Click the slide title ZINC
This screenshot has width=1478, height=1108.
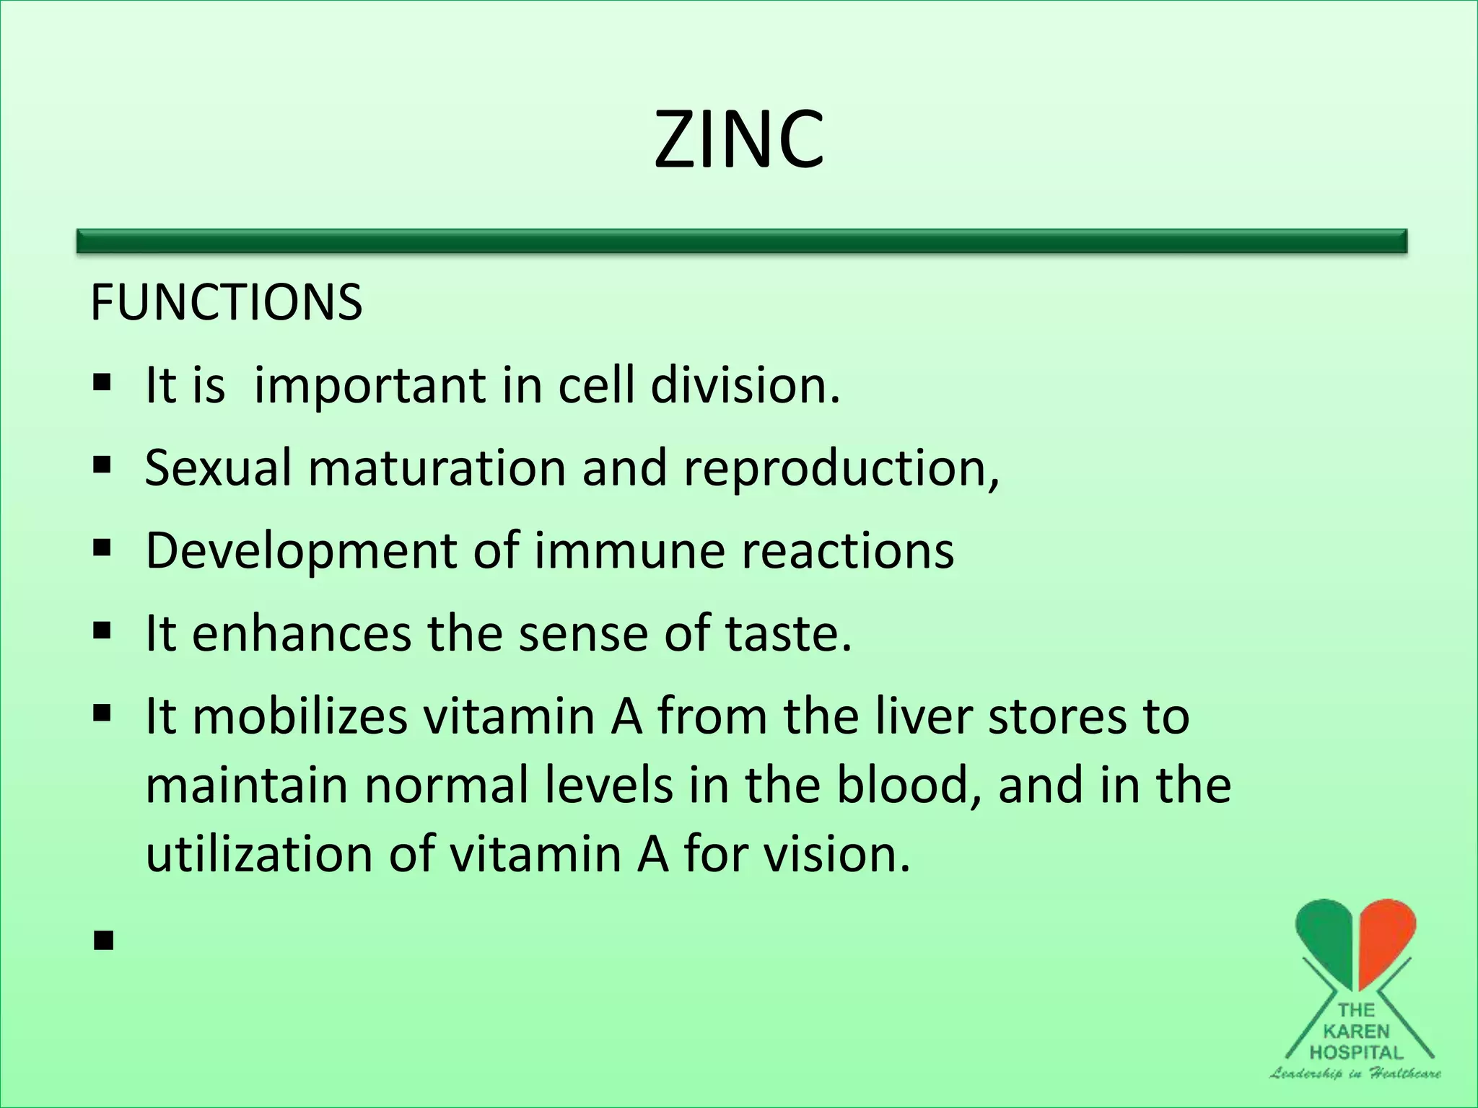coord(738,139)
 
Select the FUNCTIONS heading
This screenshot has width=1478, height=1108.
coord(226,302)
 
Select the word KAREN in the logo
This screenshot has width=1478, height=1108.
coord(1355,1031)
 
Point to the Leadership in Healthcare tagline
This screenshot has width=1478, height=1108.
coord(1355,1073)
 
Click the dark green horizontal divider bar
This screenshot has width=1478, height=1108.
coord(741,241)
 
